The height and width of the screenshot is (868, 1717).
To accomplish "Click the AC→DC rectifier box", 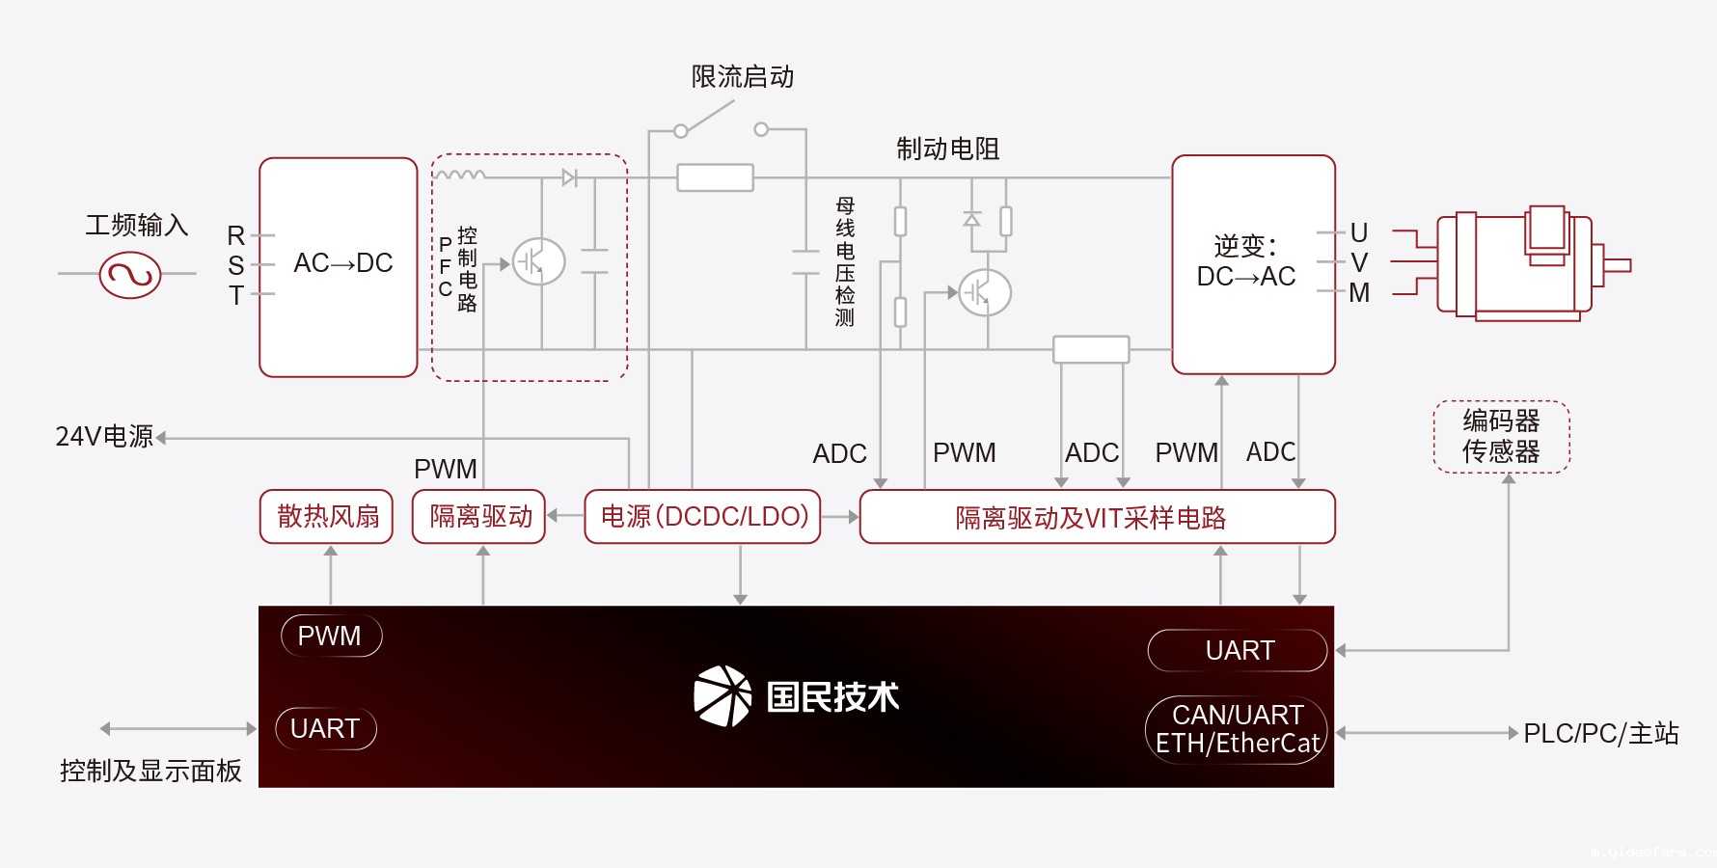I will pos(339,267).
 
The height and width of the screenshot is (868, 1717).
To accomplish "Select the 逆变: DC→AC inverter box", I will pos(1253,264).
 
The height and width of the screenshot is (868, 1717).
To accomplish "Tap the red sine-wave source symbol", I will pos(130,275).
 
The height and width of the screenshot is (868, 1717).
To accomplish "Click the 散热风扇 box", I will pos(327,517).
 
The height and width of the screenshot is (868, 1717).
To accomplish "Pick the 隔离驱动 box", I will pos(479,517).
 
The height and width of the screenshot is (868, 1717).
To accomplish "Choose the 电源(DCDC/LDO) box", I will pos(703,517).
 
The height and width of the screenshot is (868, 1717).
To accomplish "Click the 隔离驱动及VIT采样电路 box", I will pos(1097,518).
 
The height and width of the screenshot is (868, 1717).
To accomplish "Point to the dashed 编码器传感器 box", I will pos(1501,437).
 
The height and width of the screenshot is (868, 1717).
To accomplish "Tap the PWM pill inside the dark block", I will pos(331,637).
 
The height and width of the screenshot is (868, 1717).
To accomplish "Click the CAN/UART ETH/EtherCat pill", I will pos(1237,730).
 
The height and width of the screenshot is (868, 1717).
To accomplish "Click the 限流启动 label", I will pos(743,77).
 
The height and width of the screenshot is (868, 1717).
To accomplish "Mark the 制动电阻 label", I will pos(947,149).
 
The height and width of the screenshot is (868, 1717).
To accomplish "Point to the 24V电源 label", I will pos(104,437).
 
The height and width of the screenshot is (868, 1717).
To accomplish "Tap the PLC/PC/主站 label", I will pos(1600,734).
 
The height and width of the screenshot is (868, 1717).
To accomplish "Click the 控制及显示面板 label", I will pos(150,771).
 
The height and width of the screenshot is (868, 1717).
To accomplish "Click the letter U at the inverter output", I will pos(1359,233).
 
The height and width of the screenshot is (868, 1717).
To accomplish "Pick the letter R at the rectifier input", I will pos(236,235).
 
